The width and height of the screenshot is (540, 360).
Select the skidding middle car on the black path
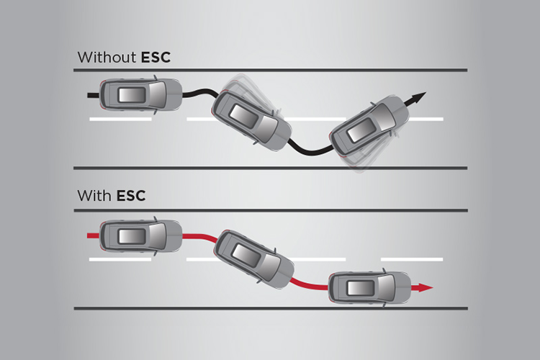(x=251, y=119)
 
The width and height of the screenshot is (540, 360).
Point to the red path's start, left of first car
(x=91, y=235)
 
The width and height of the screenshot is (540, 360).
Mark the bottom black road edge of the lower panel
(x=270, y=308)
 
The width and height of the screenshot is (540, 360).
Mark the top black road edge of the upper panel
(x=270, y=70)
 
